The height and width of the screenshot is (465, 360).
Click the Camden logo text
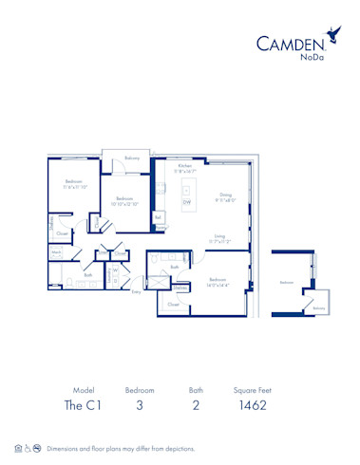[x=292, y=42]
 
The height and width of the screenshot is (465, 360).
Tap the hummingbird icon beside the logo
[x=332, y=34]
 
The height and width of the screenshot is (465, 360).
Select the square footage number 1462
[x=253, y=405]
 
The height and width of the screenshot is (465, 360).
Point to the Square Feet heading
[x=253, y=389]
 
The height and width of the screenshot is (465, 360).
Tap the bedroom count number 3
[x=139, y=405]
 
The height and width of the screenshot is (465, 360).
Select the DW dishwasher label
[x=187, y=201]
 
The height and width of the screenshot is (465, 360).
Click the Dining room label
[x=224, y=196]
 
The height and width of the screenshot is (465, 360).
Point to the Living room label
[x=219, y=236]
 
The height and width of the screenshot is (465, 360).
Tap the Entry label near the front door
[x=137, y=291]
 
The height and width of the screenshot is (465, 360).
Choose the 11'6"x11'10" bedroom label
[x=76, y=182]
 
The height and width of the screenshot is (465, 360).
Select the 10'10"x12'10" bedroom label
[x=123, y=199]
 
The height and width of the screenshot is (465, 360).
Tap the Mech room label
[x=57, y=252]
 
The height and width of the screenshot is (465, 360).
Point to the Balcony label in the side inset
[x=319, y=307]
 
